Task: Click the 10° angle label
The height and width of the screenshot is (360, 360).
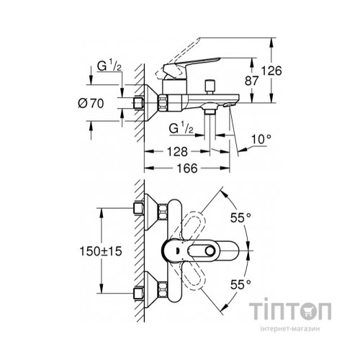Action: (x=262, y=137)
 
